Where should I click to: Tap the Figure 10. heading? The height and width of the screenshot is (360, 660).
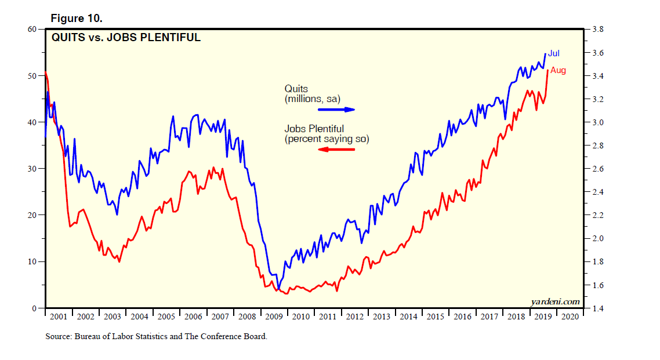(77, 19)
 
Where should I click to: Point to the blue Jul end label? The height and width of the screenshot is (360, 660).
(554, 53)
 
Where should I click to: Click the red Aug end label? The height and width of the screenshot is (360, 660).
(558, 71)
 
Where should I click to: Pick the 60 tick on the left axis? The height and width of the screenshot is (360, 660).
(33, 29)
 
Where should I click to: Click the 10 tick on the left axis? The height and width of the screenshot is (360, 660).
(33, 261)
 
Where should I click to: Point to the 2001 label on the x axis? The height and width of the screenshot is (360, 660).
(59, 317)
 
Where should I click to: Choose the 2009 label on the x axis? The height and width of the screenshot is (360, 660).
(274, 317)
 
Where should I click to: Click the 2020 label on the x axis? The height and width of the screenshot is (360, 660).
(570, 317)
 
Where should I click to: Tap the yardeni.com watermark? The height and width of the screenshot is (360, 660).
(555, 301)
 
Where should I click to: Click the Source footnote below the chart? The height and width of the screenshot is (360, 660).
(156, 336)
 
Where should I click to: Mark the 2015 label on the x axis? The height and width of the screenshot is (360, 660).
(435, 317)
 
